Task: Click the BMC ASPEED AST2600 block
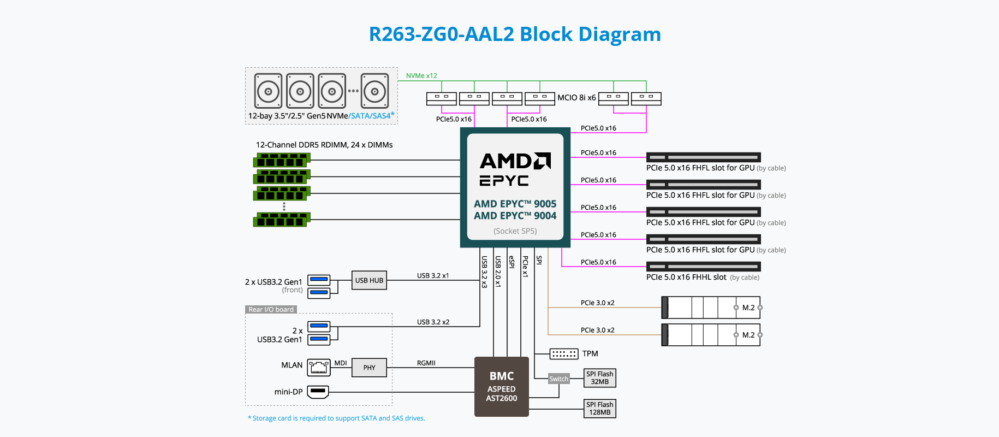pos(501,387)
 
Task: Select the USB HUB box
pos(369,280)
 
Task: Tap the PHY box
pos(369,368)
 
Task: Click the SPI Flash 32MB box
pos(599,378)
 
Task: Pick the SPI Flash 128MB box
pos(599,409)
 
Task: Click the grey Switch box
pos(558,379)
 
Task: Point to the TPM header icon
pos(563,354)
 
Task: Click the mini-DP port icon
pos(318,392)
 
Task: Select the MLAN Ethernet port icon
pos(319,367)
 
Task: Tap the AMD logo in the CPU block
pos(515,161)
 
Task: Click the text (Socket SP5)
pos(515,231)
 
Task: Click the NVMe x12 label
pos(421,76)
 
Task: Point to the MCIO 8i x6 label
pos(576,98)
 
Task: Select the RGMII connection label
pos(426,363)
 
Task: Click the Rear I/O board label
pos(271,310)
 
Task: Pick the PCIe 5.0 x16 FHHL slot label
pos(686,277)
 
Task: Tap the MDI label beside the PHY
pos(341,363)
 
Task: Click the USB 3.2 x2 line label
pos(433,322)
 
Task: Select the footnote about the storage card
pos(336,418)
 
